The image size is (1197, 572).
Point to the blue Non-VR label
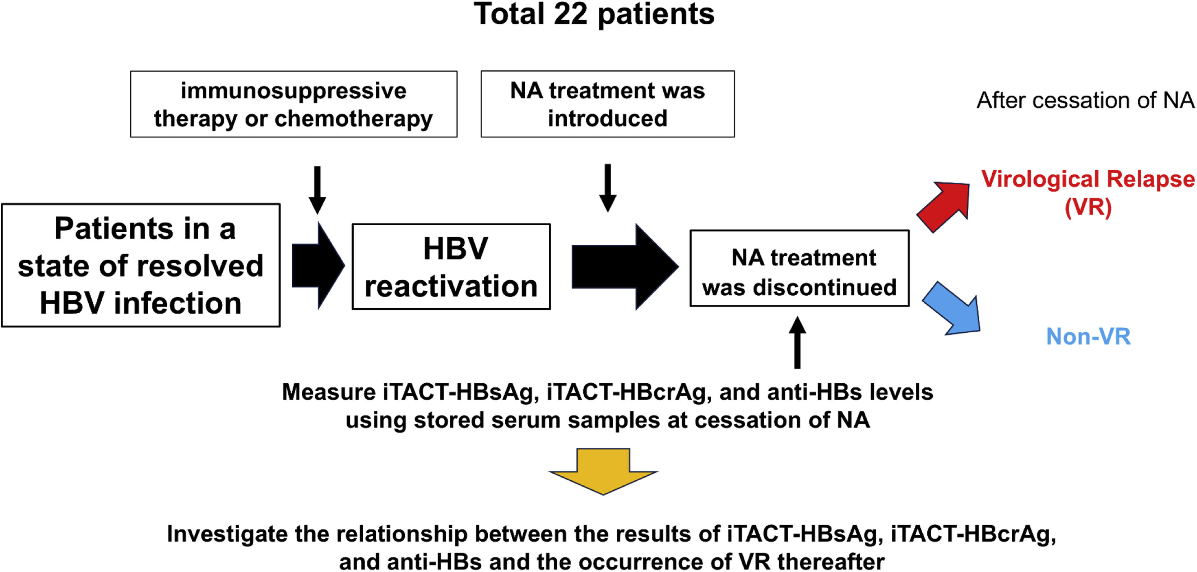click(1088, 336)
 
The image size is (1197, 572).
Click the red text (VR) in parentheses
click(1088, 207)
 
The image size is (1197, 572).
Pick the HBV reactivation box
click(451, 267)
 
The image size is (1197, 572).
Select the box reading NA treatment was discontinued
click(799, 268)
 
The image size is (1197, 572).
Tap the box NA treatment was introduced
click(607, 104)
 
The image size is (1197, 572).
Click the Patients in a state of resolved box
click(141, 265)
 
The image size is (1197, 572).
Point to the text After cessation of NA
click(1085, 101)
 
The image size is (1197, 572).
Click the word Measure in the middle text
click(329, 392)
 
